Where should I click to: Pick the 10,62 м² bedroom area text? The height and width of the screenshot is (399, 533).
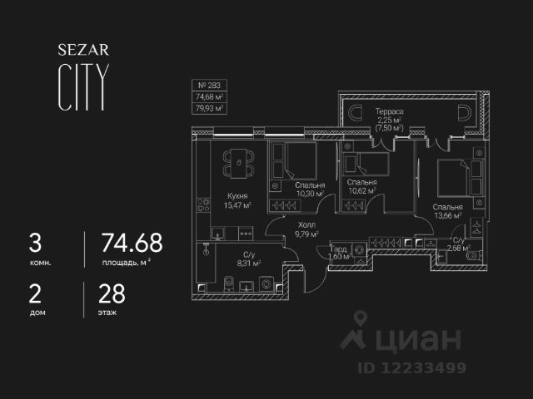[361, 190]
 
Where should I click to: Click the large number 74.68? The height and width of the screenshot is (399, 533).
[132, 243]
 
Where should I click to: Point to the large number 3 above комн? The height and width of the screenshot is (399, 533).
[35, 243]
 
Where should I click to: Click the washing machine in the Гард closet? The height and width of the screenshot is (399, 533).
[358, 249]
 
